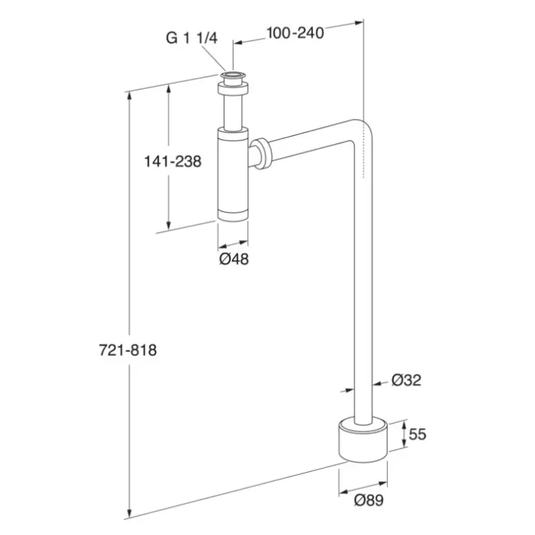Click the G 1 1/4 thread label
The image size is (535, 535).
[191, 38]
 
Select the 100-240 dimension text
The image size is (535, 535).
[295, 33]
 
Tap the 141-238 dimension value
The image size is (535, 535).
[173, 161]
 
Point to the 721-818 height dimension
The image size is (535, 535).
[128, 350]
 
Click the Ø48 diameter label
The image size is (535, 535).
[233, 259]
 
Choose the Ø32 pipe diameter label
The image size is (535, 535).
[407, 380]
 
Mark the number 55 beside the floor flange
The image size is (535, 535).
[417, 434]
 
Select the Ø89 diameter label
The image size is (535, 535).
[369, 500]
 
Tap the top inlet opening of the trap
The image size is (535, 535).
[233, 76]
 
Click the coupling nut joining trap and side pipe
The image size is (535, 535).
[263, 154]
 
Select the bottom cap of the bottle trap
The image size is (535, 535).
[233, 215]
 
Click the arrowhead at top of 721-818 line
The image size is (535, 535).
[129, 96]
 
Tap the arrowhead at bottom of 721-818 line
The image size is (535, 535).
[129, 513]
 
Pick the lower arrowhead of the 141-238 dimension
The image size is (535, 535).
[169, 225]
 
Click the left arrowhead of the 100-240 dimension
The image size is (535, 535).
[238, 43]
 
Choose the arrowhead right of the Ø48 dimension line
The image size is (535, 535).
[243, 243]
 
